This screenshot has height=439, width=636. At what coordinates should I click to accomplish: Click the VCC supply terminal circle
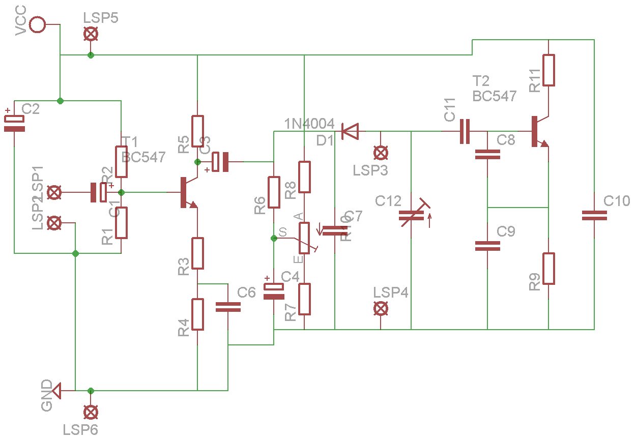pos(37,24)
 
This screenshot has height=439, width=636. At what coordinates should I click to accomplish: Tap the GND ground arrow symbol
pos(55,391)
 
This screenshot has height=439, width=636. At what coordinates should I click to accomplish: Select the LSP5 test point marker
pos(91,35)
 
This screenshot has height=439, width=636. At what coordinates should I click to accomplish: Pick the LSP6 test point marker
pos(91,412)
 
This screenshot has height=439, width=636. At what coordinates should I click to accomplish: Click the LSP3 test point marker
pos(380,152)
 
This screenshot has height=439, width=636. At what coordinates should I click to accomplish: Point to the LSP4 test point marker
pos(380,308)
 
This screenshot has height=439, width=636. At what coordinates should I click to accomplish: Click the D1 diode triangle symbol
pos(350,131)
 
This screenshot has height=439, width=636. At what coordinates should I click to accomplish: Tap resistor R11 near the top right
pos(548,70)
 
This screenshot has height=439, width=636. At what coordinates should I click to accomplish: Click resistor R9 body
pos(548,268)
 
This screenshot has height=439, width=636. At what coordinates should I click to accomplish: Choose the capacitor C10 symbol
pos(594,216)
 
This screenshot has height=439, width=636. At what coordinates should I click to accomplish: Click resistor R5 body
pos(197,131)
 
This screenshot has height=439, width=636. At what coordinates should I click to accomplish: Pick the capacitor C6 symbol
pos(228,307)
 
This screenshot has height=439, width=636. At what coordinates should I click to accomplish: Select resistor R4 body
pos(197,314)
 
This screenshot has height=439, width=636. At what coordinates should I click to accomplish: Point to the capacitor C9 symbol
pos(487,246)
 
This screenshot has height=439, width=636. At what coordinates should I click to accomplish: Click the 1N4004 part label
pos(309,124)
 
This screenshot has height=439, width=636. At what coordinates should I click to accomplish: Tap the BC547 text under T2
pos(494,96)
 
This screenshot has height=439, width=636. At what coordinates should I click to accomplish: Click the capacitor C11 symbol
pos(465,131)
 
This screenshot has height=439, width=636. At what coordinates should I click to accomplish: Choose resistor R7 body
pos(304,299)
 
